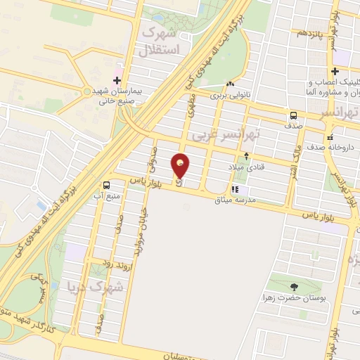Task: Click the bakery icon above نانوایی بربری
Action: point(231,76)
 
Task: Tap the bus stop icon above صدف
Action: point(292,115)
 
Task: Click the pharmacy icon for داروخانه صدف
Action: point(329,138)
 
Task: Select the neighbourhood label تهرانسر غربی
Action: point(257,131)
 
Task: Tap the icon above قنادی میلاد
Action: point(246,156)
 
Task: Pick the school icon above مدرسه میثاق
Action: point(236,189)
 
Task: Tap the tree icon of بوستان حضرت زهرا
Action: point(293,285)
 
